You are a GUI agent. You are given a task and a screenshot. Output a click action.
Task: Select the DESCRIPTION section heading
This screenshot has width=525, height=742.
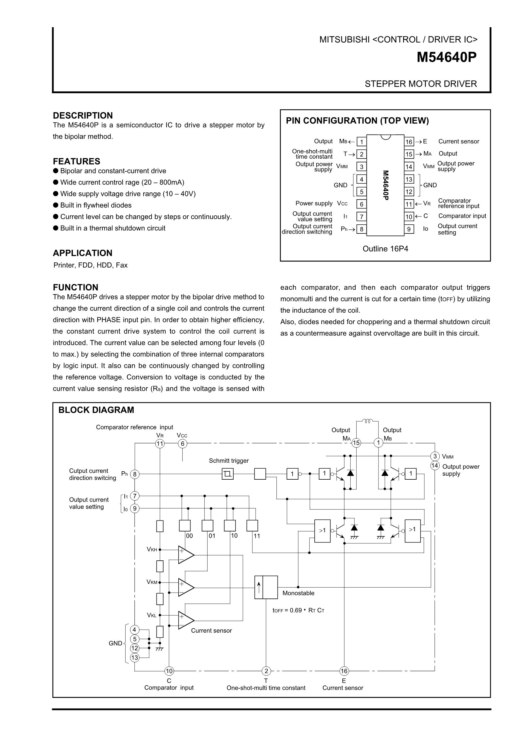click(x=83, y=115)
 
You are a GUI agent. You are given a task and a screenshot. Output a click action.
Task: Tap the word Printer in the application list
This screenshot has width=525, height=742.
click(x=64, y=265)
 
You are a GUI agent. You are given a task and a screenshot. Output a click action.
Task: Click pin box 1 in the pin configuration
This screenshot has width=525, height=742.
click(x=361, y=142)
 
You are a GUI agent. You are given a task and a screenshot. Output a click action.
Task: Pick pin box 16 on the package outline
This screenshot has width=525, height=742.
click(x=409, y=142)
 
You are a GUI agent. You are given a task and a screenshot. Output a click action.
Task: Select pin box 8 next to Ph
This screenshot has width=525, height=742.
click(x=361, y=229)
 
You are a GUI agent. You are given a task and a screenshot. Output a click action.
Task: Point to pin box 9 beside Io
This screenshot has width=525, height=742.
click(x=409, y=229)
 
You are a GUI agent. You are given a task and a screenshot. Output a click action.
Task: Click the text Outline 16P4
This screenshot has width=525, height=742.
click(x=385, y=248)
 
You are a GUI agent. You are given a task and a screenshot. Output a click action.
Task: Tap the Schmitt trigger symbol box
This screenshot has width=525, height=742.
click(x=228, y=474)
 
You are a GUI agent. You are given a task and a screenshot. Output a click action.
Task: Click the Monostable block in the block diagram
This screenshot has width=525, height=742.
click(x=266, y=587)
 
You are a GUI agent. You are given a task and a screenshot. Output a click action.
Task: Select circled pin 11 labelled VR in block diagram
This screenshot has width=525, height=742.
click(x=160, y=443)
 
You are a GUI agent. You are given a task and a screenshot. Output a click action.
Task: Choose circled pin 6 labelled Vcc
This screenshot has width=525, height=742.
click(x=182, y=443)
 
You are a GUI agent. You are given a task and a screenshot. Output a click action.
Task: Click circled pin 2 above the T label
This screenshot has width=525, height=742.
click(x=266, y=671)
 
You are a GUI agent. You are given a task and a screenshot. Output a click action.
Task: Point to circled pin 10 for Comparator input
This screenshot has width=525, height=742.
click(x=169, y=671)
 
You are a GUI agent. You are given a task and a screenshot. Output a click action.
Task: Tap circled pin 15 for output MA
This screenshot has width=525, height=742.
click(x=356, y=443)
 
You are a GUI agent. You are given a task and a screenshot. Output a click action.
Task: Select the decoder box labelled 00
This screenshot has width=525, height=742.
click(x=185, y=526)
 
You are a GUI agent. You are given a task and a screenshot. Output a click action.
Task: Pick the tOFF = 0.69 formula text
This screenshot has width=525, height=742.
click(x=298, y=610)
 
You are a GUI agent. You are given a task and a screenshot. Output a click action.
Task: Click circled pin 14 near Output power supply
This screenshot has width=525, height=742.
click(x=435, y=465)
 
